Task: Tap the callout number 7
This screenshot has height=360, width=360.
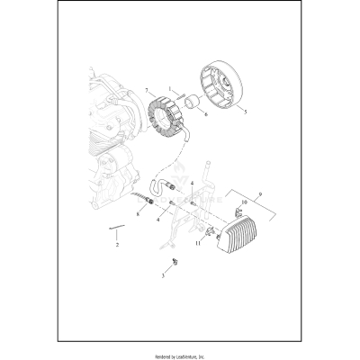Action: [147, 92]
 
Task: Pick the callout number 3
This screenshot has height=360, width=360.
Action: [163, 275]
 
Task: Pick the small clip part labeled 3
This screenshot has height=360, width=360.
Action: [167, 263]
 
